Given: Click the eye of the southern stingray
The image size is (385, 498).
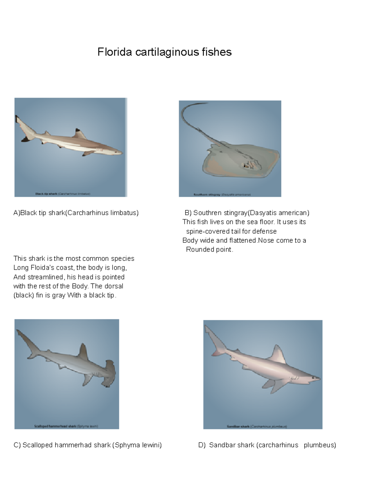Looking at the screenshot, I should coord(246,166).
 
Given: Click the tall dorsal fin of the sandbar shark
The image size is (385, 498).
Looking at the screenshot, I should coord(278,354).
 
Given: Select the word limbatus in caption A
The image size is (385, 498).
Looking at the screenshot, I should coord(124,213).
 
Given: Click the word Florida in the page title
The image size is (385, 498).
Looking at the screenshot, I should coord(115,52).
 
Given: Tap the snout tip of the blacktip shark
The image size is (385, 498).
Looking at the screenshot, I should coord(122,153).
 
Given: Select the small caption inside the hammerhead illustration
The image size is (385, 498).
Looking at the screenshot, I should coord(66,426).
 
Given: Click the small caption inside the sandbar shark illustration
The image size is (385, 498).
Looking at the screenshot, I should coord(257,426).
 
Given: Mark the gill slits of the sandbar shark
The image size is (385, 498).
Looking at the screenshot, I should coord(294,377).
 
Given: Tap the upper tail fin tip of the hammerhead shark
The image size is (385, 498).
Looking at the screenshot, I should coord(18,331).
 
